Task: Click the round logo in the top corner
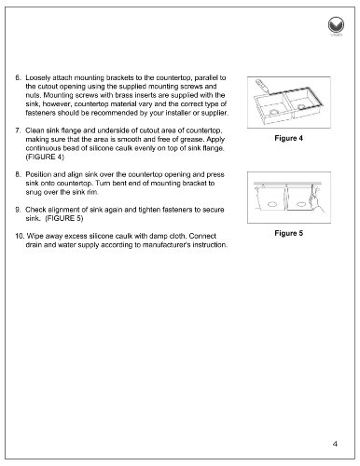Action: tap(336, 25)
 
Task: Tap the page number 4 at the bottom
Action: tap(335, 444)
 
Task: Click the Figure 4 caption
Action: tap(288, 138)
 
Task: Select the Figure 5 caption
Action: tap(288, 233)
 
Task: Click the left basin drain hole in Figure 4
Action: tap(274, 112)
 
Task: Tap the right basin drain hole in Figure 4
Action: tap(301, 107)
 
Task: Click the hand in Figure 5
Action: tap(314, 201)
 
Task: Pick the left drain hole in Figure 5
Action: tap(272, 204)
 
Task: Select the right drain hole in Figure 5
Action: tap(301, 204)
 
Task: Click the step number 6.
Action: tap(18, 77)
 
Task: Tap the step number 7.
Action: tap(18, 130)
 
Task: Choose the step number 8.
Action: tap(18, 174)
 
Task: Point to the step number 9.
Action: tap(18, 210)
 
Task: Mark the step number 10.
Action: tap(20, 236)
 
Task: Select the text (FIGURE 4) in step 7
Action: tap(45, 157)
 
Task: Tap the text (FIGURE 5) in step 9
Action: tap(64, 218)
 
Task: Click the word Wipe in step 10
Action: tap(35, 236)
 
